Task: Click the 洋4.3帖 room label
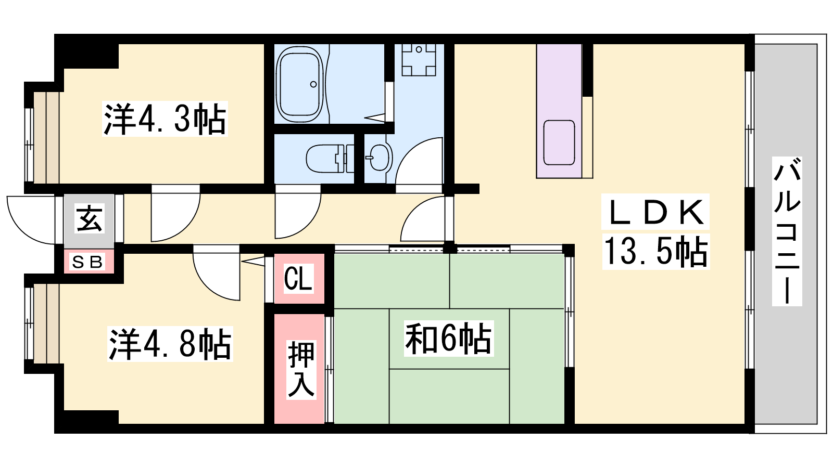165,119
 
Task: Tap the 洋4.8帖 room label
170,344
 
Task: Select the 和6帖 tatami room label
448,339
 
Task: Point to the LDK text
655,212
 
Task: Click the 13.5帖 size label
655,251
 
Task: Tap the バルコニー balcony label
787,231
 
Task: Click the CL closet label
298,279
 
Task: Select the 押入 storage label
301,369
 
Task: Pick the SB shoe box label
87,263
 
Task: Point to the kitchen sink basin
559,142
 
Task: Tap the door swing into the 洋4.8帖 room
217,272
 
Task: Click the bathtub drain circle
313,84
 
